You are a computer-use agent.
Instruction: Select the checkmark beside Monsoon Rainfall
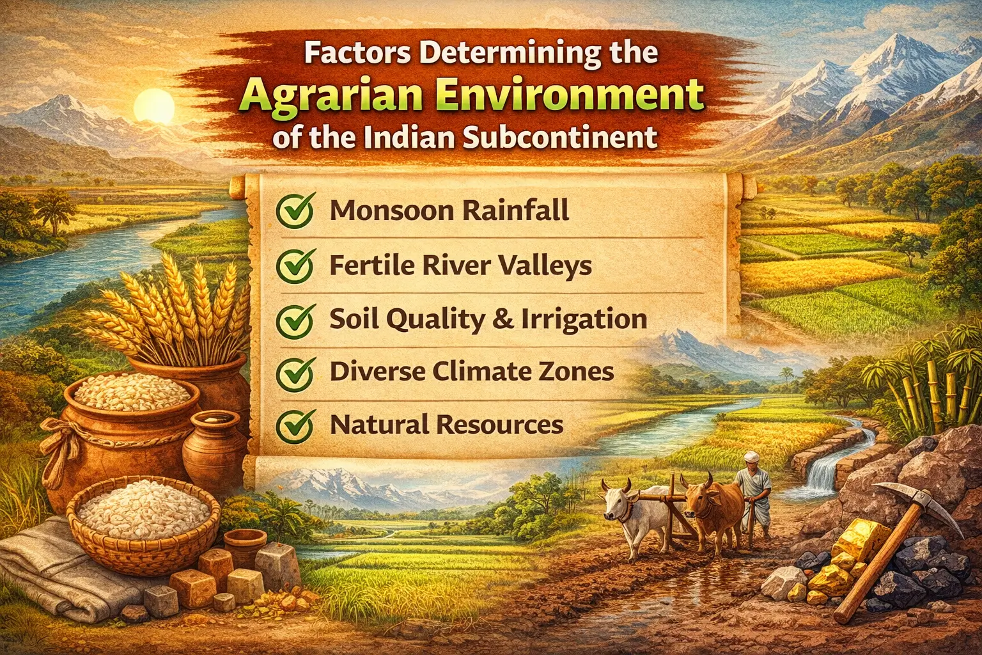coord(294,211)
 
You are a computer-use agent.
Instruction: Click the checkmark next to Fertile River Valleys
coord(294,266)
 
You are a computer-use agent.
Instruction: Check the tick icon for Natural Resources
coord(294,425)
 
